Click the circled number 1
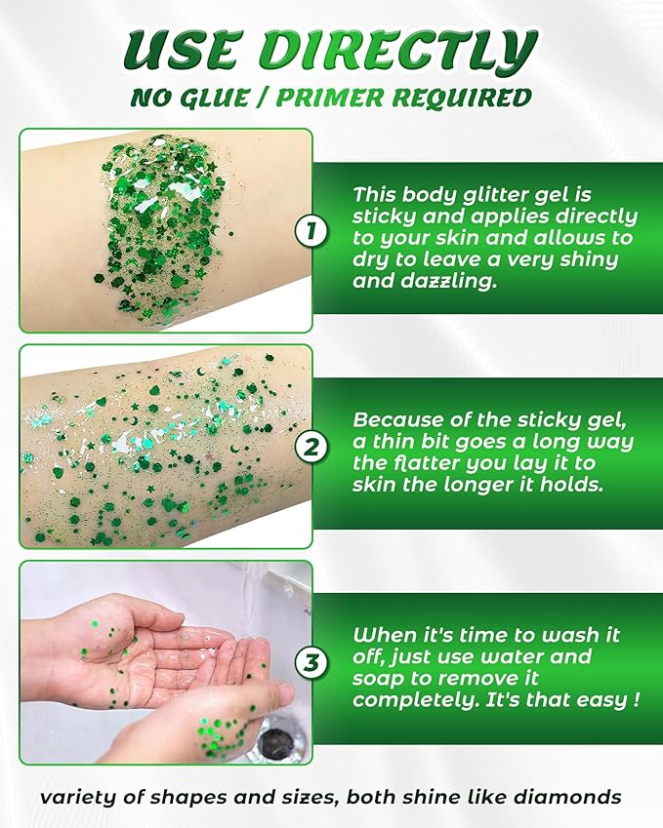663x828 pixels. pyautogui.click(x=311, y=232)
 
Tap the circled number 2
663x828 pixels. pyautogui.click(x=311, y=448)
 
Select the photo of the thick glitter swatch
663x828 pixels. pyautogui.click(x=166, y=231)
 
